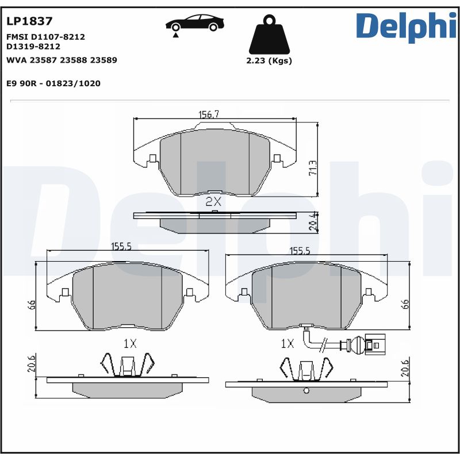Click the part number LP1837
pos(29,21)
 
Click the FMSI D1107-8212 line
pos(45,36)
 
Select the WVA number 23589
pos(104,60)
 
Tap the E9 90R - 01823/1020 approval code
pos(53,83)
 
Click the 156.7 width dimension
pos(209,114)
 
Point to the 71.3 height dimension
pos(313,168)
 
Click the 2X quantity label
pos(213,201)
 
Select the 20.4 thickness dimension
pos(313,222)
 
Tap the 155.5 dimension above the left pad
pos(121,246)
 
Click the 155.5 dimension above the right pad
pos(300,251)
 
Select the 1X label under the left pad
pos(130,343)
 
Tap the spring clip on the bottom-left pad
pos(128,365)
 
